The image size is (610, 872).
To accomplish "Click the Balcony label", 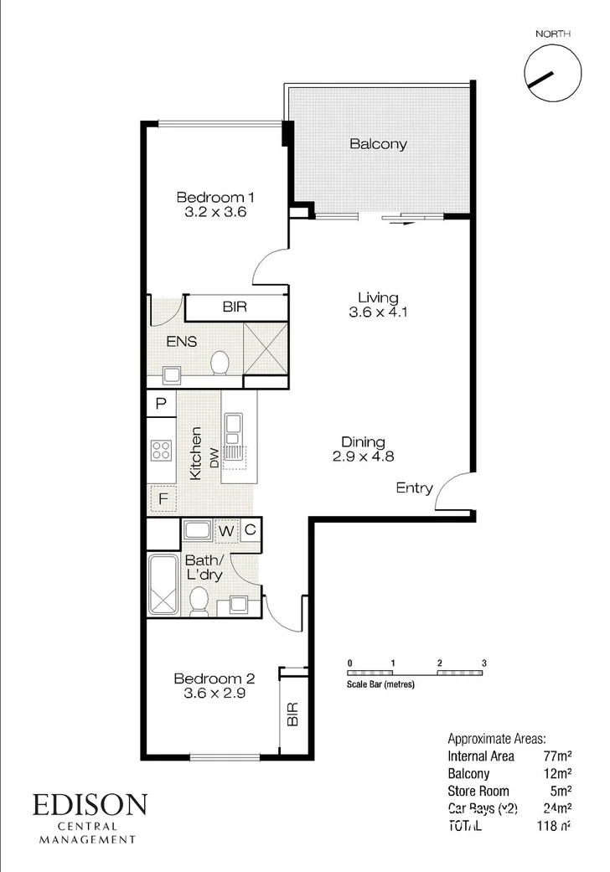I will (x=378, y=143).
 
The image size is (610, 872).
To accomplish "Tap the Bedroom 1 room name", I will (x=215, y=198).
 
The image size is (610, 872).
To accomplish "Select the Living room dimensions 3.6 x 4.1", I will (x=378, y=312).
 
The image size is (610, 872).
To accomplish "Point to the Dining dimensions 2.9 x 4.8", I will (x=363, y=457).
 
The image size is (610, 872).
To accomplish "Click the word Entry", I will (x=414, y=488).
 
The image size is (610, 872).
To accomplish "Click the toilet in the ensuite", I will (x=220, y=362).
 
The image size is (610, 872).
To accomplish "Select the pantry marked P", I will (x=161, y=405).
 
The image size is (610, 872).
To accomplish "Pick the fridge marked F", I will (x=163, y=500).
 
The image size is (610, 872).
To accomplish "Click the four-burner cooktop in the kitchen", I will (x=161, y=451).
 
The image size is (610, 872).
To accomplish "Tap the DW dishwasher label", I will (x=215, y=457).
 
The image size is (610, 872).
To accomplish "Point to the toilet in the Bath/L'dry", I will (x=199, y=601).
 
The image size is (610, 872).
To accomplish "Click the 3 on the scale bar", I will (x=484, y=663).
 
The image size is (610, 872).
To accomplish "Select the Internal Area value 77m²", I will (x=557, y=756).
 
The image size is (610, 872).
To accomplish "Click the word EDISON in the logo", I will (x=90, y=806).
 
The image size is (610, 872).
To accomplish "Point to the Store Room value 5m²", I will (x=562, y=790).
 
